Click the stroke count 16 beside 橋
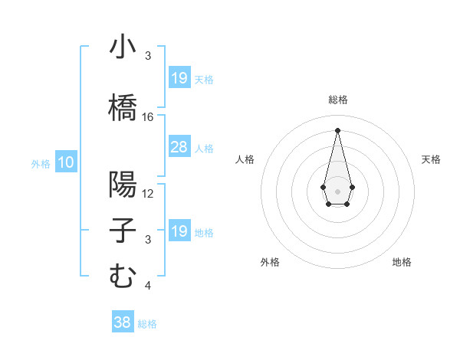[x=148, y=116]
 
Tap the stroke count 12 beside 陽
[x=148, y=193]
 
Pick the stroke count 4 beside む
[x=148, y=286]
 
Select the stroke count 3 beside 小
[x=148, y=56]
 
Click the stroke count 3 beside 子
[x=148, y=240]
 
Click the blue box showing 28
[x=179, y=147]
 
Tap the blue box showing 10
[x=66, y=162]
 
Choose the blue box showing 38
[x=123, y=322]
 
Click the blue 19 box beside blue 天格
[x=179, y=78]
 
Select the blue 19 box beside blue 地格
[x=179, y=231]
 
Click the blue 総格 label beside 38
[x=147, y=324]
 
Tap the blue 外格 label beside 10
[x=40, y=163]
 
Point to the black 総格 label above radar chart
[x=337, y=100]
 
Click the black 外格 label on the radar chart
[x=270, y=262]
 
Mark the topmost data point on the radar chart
[x=337, y=129]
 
